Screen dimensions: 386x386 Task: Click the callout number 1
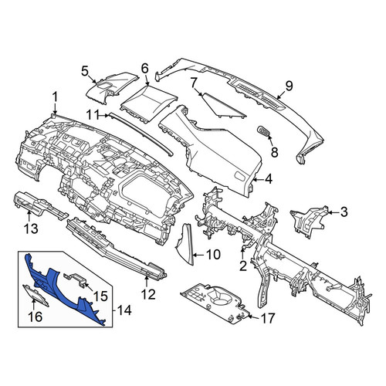(54, 99)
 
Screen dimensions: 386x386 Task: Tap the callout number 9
(289, 86)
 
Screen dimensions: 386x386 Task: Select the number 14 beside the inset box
(124, 310)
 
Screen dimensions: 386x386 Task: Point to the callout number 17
(268, 318)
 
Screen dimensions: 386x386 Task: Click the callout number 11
(93, 115)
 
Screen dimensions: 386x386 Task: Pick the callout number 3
(344, 212)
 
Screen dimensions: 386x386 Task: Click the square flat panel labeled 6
(149, 103)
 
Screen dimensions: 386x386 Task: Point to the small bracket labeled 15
(75, 280)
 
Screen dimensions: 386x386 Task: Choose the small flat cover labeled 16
(36, 295)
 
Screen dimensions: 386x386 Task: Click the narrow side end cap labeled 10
(185, 244)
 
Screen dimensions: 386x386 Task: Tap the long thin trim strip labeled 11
(141, 134)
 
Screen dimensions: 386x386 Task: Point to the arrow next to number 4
(258, 179)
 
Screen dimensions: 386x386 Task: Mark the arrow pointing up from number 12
(147, 281)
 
